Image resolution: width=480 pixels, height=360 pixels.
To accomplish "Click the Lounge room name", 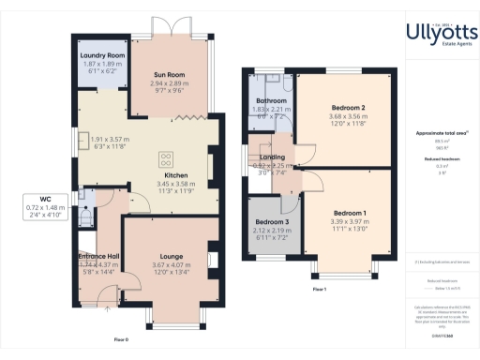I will [171, 256].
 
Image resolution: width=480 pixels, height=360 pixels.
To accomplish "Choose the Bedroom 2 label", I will [349, 108].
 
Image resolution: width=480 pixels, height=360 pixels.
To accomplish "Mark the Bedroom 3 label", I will [271, 222].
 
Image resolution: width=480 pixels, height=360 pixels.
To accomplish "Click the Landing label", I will [273, 157].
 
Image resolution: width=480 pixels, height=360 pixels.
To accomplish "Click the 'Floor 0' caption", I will [121, 337].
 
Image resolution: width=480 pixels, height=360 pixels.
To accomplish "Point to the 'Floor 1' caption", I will [319, 290].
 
